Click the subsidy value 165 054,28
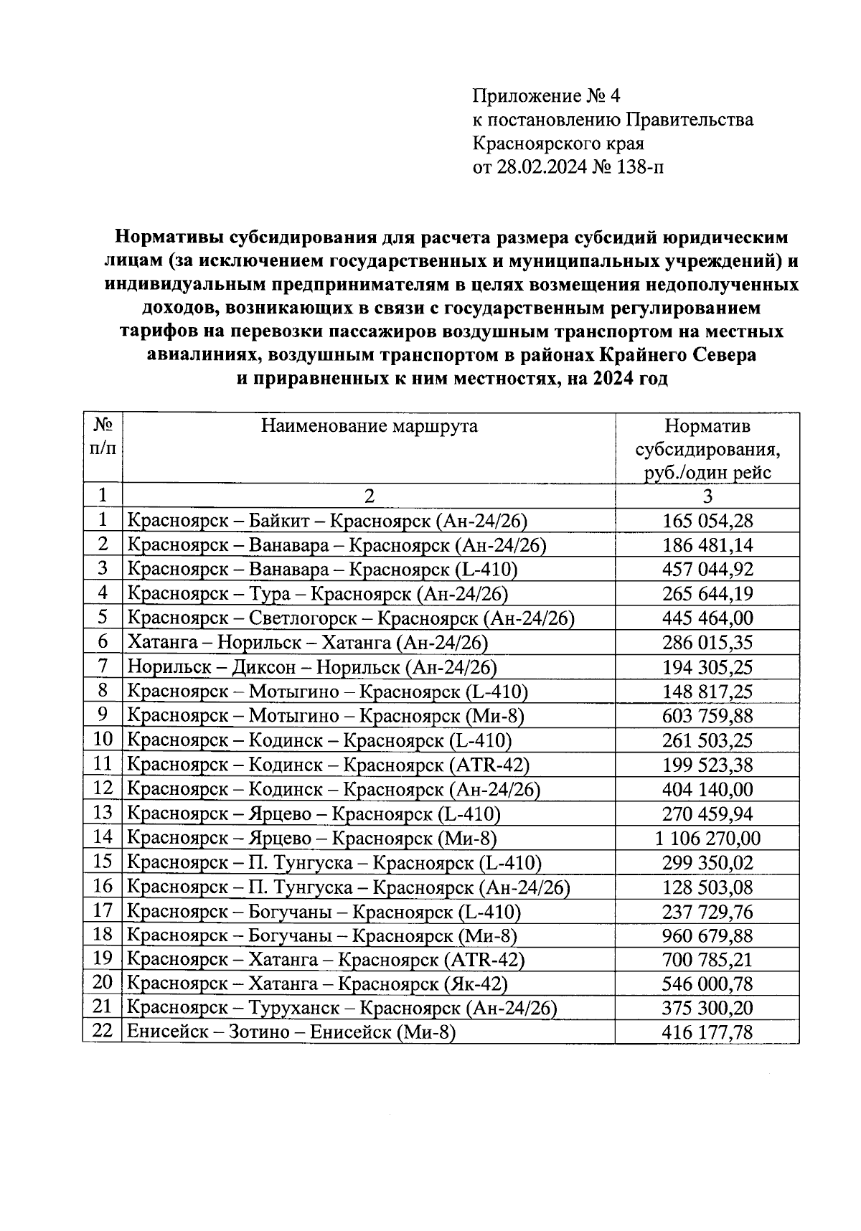(707, 521)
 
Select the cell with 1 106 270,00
(707, 839)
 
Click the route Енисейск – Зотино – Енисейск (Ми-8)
(291, 1032)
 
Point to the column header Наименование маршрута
(369, 427)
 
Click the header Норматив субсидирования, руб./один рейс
(707, 450)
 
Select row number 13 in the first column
(103, 813)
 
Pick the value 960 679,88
(707, 936)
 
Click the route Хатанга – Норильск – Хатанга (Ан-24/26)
(307, 643)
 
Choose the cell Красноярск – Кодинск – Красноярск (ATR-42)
(328, 765)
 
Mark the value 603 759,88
(707, 716)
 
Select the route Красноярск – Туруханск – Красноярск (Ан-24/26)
(342, 1008)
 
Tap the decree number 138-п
(639, 168)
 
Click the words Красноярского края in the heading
(557, 143)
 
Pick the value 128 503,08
(707, 887)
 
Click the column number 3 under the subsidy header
(707, 496)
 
